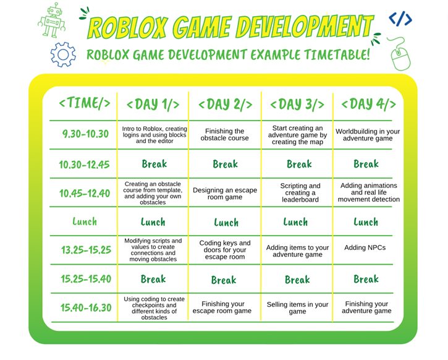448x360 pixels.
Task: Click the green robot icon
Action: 52,20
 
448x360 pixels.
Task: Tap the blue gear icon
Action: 63,54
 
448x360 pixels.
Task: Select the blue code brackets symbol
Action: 400,19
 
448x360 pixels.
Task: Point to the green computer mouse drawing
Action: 399,54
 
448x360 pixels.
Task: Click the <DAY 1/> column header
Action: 153,105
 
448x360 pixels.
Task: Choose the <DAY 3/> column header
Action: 297,105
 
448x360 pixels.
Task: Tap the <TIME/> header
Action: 85,103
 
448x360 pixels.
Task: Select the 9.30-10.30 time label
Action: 85,134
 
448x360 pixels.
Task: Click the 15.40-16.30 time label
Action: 86,307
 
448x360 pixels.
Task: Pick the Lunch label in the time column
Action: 85,221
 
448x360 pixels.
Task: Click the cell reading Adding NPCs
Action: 365,247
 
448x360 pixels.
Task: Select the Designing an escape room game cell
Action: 225,194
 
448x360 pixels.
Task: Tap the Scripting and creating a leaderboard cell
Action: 300,193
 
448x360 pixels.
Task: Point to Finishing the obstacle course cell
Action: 224,135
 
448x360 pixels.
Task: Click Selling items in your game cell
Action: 297,308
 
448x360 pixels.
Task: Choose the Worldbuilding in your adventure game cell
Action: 368,135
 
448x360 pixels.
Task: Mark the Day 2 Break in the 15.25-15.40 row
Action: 224,280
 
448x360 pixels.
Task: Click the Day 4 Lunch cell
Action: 366,222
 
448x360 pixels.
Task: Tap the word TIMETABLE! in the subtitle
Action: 337,54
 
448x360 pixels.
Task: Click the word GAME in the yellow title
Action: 202,27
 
